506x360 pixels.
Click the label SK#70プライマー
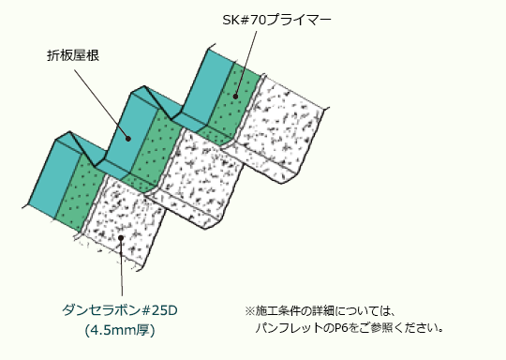point(276,20)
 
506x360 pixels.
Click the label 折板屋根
point(73,55)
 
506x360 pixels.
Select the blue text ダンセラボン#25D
point(120,310)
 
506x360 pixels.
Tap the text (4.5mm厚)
point(120,330)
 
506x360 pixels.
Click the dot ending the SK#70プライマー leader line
point(235,97)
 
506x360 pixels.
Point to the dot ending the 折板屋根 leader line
point(128,139)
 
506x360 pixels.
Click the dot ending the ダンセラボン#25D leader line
point(121,238)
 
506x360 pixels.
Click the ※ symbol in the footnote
point(250,311)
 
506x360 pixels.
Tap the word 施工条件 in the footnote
point(276,311)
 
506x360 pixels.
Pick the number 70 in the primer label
point(260,20)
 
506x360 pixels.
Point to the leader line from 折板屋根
point(101,104)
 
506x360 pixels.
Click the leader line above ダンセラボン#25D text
point(121,266)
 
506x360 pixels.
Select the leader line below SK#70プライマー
point(246,64)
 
